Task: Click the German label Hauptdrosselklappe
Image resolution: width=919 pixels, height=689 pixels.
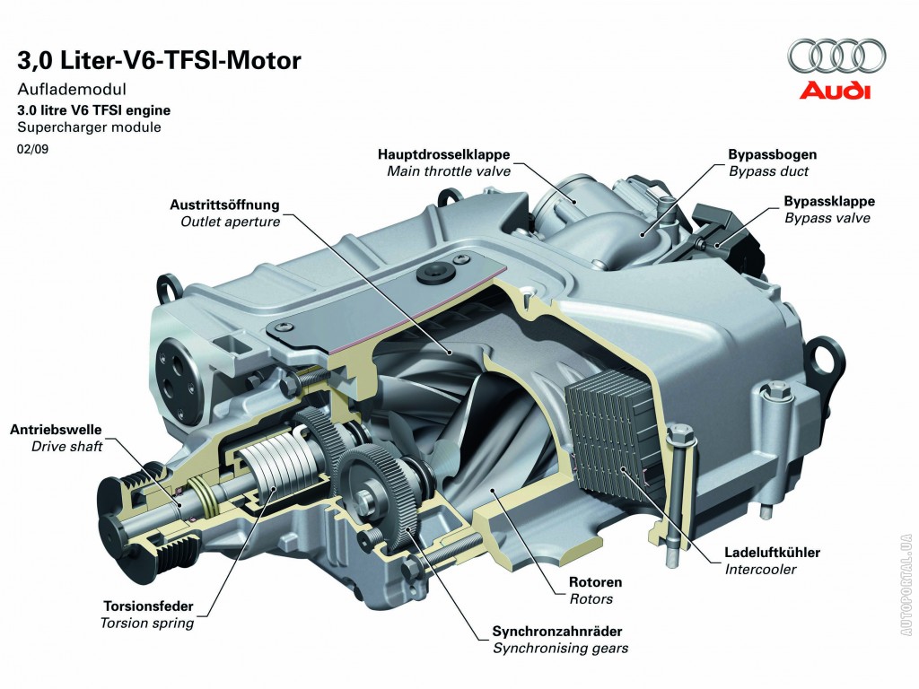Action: coord(444,155)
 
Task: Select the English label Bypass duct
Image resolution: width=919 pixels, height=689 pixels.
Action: coord(768,170)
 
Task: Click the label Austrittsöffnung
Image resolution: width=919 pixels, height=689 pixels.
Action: coord(224,205)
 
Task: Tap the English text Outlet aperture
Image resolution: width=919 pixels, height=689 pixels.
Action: coord(230,221)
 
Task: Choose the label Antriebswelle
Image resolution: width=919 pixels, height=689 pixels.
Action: coord(56,430)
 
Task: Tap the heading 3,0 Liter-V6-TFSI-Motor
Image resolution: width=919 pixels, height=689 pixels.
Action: coord(160,61)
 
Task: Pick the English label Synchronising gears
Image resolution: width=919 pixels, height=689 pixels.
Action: coord(560,648)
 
